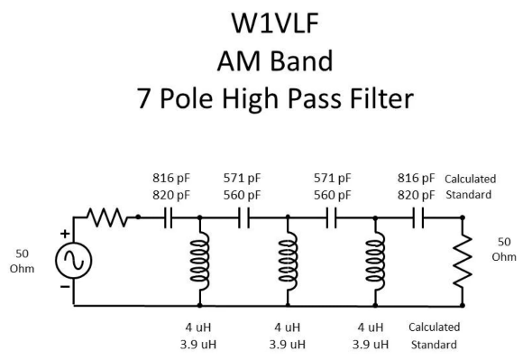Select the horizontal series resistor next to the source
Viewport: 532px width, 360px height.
tap(107, 217)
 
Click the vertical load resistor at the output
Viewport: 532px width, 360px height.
tap(462, 261)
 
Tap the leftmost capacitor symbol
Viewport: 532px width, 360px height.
tap(168, 217)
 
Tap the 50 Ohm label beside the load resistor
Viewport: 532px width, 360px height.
tap(506, 250)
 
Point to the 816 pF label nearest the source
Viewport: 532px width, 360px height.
tap(168, 179)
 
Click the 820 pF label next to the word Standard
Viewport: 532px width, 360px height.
tap(417, 194)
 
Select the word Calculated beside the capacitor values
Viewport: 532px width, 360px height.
tap(470, 179)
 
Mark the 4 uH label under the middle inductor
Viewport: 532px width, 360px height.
tap(288, 328)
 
